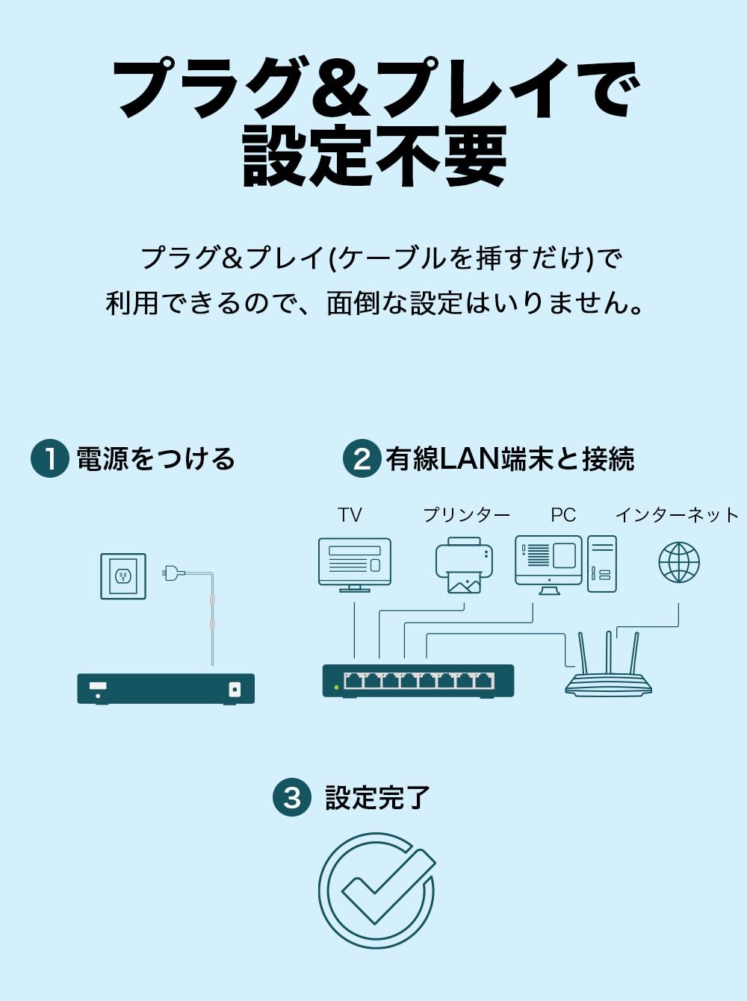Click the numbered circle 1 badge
click(50, 458)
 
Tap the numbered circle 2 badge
click(362, 458)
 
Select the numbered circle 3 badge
click(292, 797)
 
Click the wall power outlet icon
click(123, 576)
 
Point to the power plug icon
click(173, 573)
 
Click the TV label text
click(350, 515)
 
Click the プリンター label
click(467, 515)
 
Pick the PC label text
click(563, 515)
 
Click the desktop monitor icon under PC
click(549, 563)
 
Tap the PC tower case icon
click(602, 564)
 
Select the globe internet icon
click(679, 562)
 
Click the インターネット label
click(677, 515)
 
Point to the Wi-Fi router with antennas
click(608, 670)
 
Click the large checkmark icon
click(377, 891)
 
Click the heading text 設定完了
click(377, 797)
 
